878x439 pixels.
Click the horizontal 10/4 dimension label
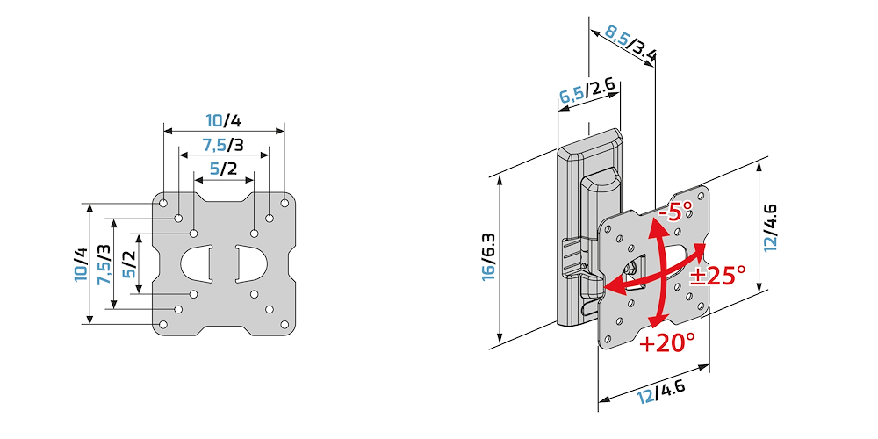click(224, 120)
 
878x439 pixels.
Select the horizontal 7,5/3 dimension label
click(223, 144)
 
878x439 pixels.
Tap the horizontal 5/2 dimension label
click(224, 168)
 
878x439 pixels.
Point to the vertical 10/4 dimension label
click(81, 264)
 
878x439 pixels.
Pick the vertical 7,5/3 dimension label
click(104, 264)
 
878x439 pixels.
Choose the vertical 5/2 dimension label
click(129, 264)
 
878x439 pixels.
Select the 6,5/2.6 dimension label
click(588, 90)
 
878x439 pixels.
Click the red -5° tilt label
click(675, 212)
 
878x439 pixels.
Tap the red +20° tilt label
click(667, 342)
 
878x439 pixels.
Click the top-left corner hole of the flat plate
click(163, 203)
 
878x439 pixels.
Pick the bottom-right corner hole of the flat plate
click(284, 324)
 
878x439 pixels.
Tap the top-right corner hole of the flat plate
click(284, 203)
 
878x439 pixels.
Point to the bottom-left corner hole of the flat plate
click(163, 324)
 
